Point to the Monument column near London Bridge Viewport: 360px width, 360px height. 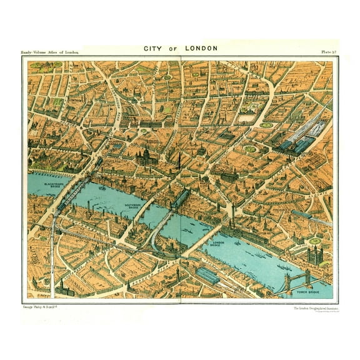(x=232, y=209)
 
